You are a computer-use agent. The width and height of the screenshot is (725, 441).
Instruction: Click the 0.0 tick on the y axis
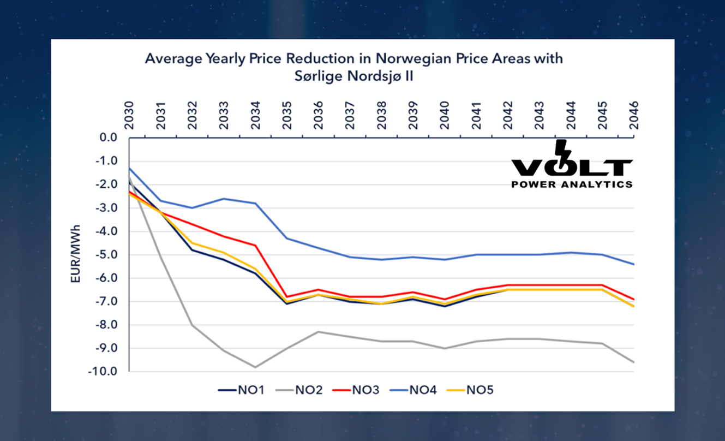(x=108, y=138)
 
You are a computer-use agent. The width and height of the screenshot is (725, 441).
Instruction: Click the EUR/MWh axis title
(x=76, y=254)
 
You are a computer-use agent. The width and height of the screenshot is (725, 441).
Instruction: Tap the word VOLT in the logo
(x=572, y=166)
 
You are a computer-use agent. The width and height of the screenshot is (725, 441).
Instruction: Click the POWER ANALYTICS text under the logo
(x=572, y=184)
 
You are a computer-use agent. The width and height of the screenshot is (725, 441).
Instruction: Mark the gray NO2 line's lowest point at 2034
(x=255, y=367)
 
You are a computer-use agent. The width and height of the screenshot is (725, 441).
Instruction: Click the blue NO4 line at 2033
(x=224, y=199)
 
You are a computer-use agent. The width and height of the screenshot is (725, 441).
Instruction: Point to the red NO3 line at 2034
(x=255, y=246)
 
